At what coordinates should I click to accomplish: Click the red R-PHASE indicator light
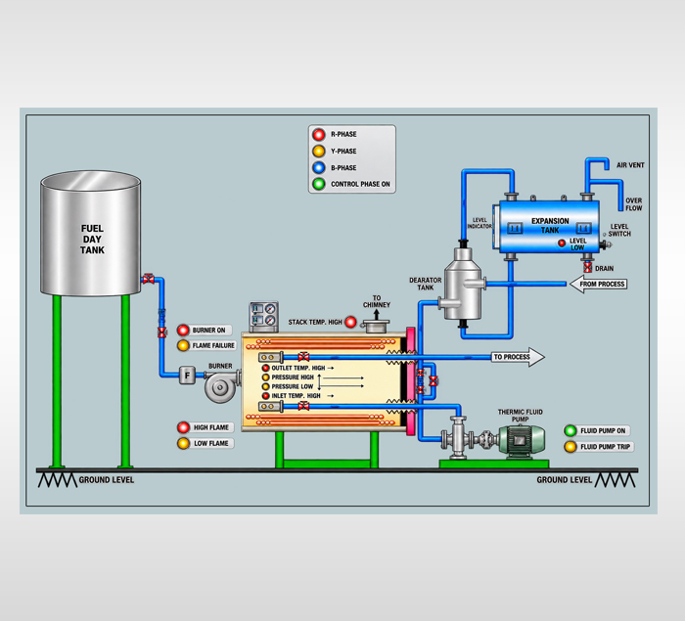[x=319, y=134]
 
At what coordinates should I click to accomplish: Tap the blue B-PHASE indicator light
[x=319, y=167]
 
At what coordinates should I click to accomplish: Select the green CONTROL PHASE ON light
[x=319, y=184]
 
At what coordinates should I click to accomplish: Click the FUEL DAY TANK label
[x=92, y=240]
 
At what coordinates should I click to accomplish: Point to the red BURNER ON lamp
[x=183, y=331]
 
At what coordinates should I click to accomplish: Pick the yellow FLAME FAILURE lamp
[x=183, y=345]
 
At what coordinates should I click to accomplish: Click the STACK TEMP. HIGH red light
[x=350, y=323]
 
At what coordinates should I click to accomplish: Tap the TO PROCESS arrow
[x=518, y=357]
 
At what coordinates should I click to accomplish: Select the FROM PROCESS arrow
[x=599, y=284]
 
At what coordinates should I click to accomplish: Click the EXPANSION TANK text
[x=550, y=225]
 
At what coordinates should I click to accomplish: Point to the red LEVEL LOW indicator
[x=562, y=244]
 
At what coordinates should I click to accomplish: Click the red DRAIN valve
[x=588, y=268]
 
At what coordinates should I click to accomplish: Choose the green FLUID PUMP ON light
[x=571, y=430]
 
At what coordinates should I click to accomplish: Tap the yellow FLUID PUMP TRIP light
[x=571, y=447]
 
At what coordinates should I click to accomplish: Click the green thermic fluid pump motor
[x=522, y=440]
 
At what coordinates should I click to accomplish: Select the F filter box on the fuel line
[x=187, y=375]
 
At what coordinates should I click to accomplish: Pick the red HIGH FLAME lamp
[x=184, y=427]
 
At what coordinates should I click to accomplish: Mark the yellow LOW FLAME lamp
[x=184, y=443]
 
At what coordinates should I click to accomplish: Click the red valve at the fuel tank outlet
[x=148, y=278]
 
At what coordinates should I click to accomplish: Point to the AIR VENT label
[x=630, y=165]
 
